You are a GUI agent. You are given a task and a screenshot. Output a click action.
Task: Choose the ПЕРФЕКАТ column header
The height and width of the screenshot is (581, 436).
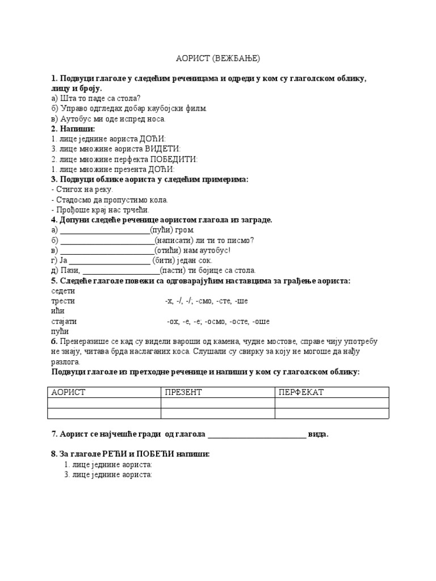[x=301, y=392]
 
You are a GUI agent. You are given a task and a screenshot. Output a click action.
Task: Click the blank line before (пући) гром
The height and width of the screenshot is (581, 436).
[x=104, y=230]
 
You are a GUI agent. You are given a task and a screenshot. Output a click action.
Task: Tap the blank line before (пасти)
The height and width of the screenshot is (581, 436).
[x=121, y=271]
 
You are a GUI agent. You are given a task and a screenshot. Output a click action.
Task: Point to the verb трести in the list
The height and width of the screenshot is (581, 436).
[x=63, y=301]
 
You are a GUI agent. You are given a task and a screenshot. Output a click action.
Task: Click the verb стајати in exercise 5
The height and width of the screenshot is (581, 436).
[x=64, y=321]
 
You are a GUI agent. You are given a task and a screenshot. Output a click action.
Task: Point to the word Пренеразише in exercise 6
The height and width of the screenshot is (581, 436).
[x=89, y=342]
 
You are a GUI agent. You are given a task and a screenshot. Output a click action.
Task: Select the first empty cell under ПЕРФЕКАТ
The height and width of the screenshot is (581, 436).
[x=332, y=403]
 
